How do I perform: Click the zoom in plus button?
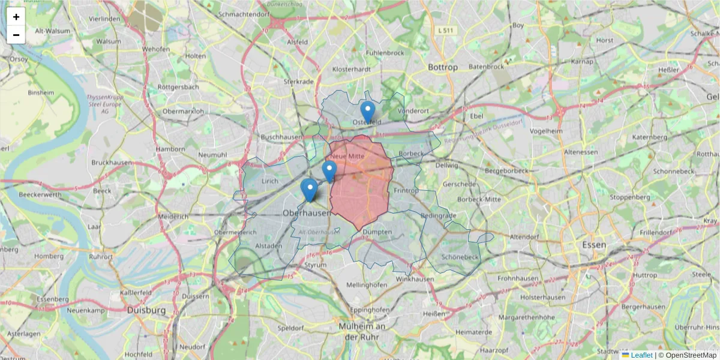(16, 17)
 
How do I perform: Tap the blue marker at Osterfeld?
(368, 112)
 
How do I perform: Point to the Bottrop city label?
(443, 67)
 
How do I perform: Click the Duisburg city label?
(146, 310)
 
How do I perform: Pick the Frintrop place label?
(406, 190)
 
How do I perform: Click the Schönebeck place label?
(459, 257)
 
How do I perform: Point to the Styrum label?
(316, 264)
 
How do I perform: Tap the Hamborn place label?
(170, 149)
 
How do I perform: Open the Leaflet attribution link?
(641, 355)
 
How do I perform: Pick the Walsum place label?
(109, 41)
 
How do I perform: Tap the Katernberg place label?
(649, 137)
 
